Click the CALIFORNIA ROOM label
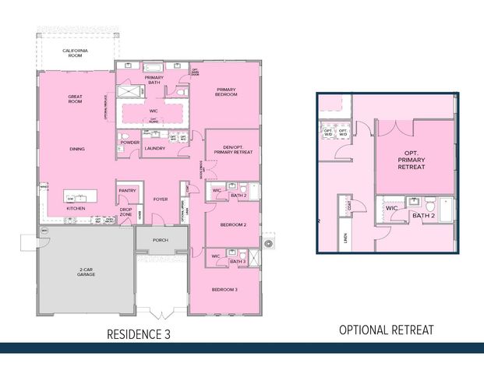click(76, 54)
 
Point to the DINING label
click(76, 149)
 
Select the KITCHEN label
click(76, 209)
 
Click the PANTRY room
click(127, 190)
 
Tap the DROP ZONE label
click(125, 211)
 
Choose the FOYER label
click(161, 199)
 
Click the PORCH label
click(161, 239)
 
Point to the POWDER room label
click(130, 143)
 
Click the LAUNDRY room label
click(154, 148)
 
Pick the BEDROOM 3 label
click(225, 290)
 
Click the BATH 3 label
click(238, 261)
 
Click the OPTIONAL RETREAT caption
click(386, 330)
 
